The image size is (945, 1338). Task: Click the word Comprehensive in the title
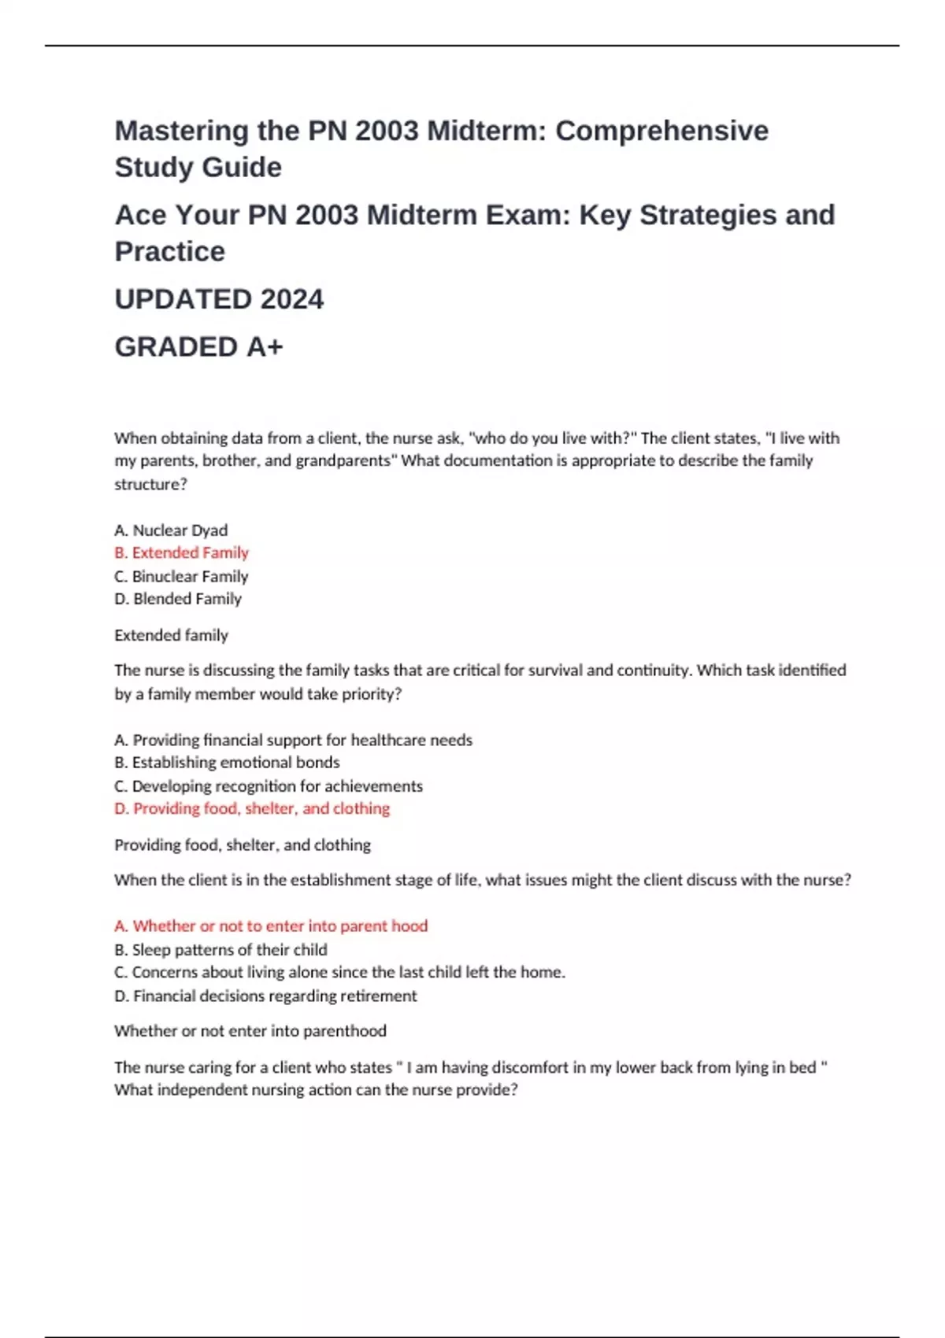click(x=661, y=131)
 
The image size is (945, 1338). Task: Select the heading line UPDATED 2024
click(x=219, y=299)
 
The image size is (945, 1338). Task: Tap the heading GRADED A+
click(x=198, y=346)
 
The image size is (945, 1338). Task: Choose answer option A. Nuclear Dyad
click(x=171, y=530)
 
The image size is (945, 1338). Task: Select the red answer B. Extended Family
click(x=181, y=553)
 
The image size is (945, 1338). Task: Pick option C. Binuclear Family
click(x=181, y=576)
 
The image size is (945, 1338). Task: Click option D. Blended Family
click(x=178, y=599)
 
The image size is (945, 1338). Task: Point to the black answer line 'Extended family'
click(x=171, y=635)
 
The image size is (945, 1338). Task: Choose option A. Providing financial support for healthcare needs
click(x=293, y=740)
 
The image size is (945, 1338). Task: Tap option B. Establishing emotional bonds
click(x=227, y=763)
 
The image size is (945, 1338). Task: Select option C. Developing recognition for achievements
click(x=269, y=786)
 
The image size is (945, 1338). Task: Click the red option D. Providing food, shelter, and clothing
click(x=252, y=808)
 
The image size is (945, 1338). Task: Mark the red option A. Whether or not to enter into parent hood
click(x=271, y=926)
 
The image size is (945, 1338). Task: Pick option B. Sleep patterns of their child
click(x=220, y=950)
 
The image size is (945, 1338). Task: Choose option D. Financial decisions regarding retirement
click(x=265, y=996)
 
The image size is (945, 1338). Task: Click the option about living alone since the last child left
click(x=339, y=973)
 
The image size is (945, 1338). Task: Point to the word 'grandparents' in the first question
click(x=343, y=461)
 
